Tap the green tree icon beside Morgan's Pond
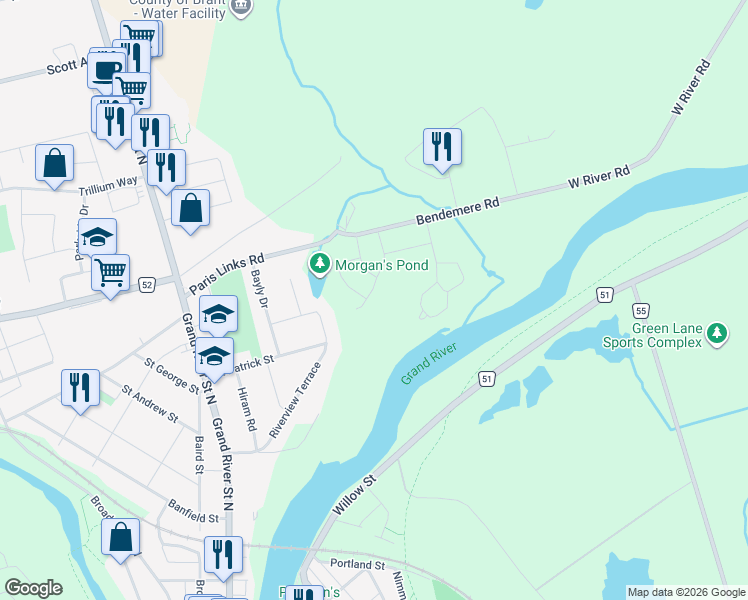point(319,265)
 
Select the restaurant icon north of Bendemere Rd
point(441,147)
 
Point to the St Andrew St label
point(149,404)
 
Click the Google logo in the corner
point(33,588)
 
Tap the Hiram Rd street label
point(247,410)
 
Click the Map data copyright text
point(685,592)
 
